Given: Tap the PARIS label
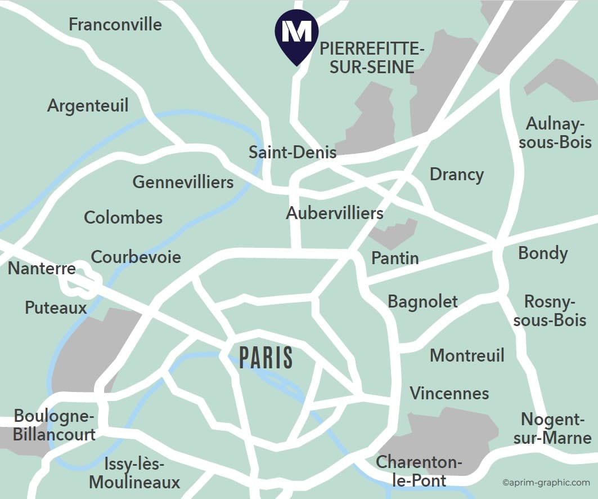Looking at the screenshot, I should tap(266, 358).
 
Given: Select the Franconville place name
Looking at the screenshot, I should tap(115, 24).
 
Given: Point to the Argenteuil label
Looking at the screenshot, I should tap(88, 105).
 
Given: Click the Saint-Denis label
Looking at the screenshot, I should tap(293, 152).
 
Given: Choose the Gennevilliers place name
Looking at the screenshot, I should tap(183, 182).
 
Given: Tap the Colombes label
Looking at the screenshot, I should tap(123, 217).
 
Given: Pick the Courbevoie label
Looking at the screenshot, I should tap(136, 257).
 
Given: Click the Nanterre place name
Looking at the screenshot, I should tap(42, 268).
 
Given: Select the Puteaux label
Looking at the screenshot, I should tap(56, 307).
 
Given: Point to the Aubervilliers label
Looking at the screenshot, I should tap(335, 213).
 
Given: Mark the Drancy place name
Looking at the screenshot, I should tap(456, 174).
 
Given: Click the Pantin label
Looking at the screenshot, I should tap(395, 258).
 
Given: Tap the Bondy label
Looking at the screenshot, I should tap(542, 253).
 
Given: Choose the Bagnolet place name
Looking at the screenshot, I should tap(422, 301).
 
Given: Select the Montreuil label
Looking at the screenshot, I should tap(467, 355).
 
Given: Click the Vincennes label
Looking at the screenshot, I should tap(449, 393).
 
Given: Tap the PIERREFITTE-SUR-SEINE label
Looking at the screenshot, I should tap(372, 58).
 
